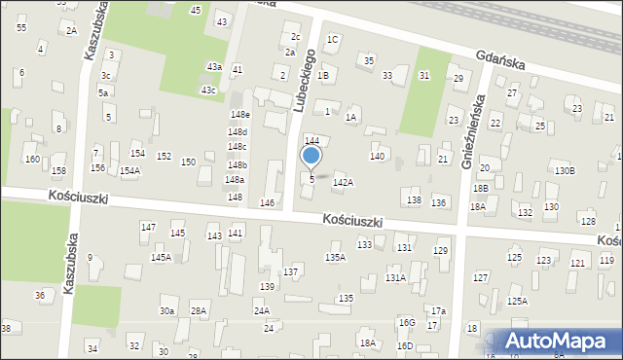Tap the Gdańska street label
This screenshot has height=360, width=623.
[x=500, y=60]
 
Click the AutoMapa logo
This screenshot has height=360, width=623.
[x=560, y=342]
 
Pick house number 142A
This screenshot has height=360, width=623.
[x=343, y=182]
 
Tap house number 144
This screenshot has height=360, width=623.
[x=311, y=141]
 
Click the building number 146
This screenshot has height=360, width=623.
[x=267, y=202]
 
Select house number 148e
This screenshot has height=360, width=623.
[x=239, y=115]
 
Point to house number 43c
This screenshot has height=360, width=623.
[x=208, y=90]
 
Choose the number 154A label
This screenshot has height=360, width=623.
[x=129, y=170]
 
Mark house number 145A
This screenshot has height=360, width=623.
[x=161, y=257]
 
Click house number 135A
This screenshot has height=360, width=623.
[x=335, y=257]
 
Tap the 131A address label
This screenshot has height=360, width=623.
[x=394, y=277]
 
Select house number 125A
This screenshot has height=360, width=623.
[x=517, y=301]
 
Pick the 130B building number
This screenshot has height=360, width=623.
[x=566, y=170]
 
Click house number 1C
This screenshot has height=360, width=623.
[x=332, y=40]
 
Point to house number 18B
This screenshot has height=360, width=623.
[x=480, y=188]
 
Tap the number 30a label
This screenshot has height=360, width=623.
[x=167, y=311]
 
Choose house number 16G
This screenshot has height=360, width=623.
[x=406, y=322]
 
